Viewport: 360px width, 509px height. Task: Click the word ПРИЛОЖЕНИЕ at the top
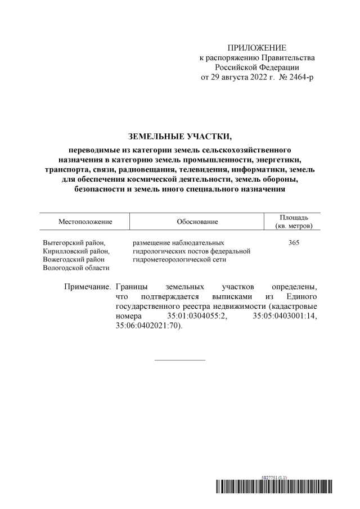tap(256, 47)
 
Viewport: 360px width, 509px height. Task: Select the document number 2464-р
tap(299, 76)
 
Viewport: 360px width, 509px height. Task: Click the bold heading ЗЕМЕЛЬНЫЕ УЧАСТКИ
tap(180, 136)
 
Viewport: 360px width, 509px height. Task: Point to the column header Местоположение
tap(85, 222)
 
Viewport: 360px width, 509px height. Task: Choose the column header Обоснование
tap(197, 222)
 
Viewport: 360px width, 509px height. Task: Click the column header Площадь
tap(293, 217)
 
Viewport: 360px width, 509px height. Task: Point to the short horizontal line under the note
tap(180, 359)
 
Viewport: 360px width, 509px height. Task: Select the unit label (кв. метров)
tap(293, 226)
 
